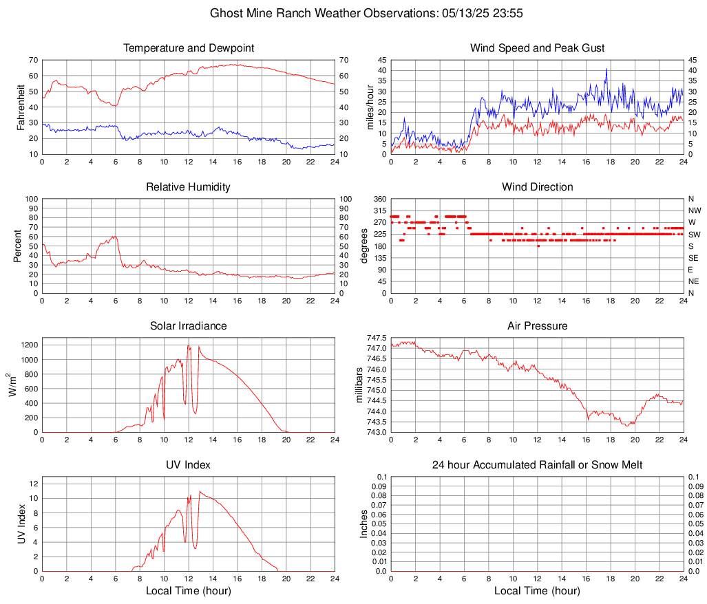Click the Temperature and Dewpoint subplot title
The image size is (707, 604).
click(189, 48)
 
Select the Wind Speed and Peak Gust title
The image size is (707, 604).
click(537, 48)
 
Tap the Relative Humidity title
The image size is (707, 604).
click(189, 187)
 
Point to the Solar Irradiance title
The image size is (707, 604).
click(189, 326)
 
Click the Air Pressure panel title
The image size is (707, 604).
click(537, 326)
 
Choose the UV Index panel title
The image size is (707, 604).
click(189, 465)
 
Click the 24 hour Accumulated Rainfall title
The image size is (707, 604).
click(537, 465)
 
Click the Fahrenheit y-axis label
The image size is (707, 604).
click(19, 107)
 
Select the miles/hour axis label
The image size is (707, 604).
click(370, 107)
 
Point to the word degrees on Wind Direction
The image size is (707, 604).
click(365, 246)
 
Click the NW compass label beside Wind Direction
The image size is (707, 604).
click(694, 211)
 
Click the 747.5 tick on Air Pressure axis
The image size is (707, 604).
click(377, 338)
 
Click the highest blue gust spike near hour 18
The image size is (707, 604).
click(606, 69)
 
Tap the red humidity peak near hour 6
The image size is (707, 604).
click(114, 236)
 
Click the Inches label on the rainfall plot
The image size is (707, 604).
click(365, 524)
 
